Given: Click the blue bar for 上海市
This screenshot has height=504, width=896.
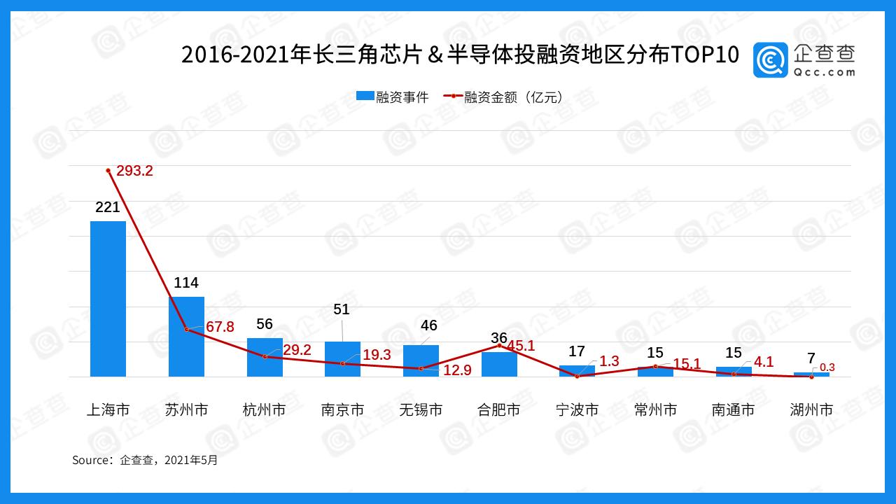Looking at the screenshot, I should pos(108,299).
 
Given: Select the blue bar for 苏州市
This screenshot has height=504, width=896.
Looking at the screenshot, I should pos(186,337).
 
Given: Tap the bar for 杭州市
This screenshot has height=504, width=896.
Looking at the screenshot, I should pos(265,357).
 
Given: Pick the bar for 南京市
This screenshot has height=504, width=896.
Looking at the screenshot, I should pos(342,359).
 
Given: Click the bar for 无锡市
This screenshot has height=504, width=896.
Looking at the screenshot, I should pos(421,360).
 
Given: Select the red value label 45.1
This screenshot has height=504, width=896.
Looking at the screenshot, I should pos(521,346).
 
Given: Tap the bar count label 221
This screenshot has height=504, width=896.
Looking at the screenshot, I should pos(108,207).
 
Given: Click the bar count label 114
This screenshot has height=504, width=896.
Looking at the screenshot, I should pos(186,283).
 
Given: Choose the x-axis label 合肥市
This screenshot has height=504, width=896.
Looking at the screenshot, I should pos(498,410).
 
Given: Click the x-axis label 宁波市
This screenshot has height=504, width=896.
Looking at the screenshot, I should pos(577,410).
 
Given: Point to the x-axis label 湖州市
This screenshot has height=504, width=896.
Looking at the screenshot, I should pos(811,410).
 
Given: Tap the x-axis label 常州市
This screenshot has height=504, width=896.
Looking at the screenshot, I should pos(655,410).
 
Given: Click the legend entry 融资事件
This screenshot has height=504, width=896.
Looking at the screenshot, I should pos(392,97).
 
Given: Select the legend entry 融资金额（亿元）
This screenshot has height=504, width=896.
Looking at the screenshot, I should pos(504,97).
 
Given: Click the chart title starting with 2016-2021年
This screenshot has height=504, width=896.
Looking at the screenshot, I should pos(460,55).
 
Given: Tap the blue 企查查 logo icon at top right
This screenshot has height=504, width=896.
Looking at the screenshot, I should pos(771,60).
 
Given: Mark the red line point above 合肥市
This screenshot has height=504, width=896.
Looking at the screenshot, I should pos(499,345).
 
